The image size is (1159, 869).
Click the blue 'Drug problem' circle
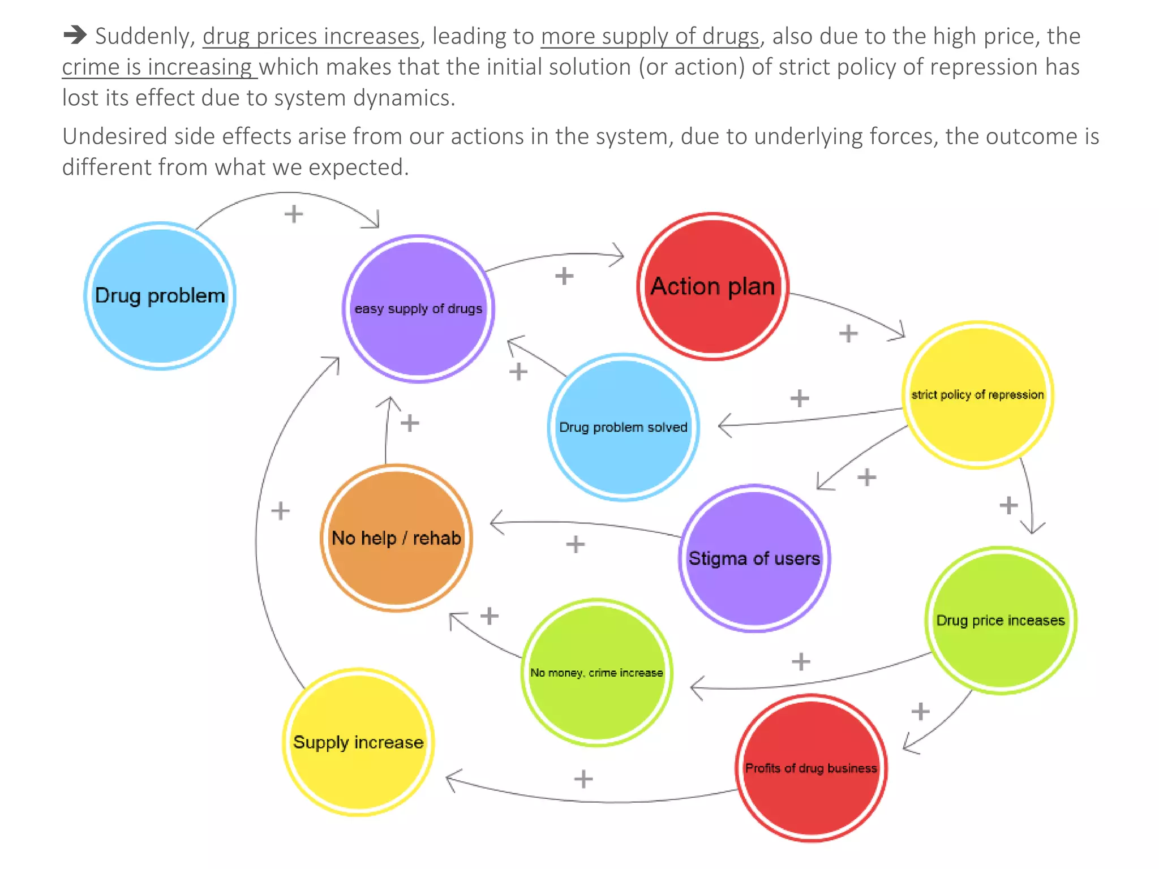(x=160, y=295)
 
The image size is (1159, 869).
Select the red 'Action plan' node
(x=712, y=286)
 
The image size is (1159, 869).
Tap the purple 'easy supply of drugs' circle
(x=418, y=309)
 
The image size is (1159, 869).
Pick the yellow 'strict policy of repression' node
(x=977, y=395)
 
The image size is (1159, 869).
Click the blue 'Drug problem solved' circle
(x=623, y=427)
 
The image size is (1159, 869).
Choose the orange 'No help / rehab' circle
(x=396, y=537)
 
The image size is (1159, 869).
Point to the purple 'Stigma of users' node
(x=754, y=558)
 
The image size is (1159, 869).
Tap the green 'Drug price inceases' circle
(x=1001, y=620)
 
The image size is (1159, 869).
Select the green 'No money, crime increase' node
(x=596, y=673)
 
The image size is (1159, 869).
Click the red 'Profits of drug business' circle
(x=811, y=768)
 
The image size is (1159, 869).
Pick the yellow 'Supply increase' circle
(x=358, y=742)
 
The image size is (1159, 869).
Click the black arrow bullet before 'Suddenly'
(x=74, y=36)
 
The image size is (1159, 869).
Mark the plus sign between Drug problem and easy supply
(x=294, y=214)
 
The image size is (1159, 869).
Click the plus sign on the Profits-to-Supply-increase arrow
(x=583, y=779)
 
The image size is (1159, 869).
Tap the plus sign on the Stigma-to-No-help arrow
(x=575, y=544)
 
